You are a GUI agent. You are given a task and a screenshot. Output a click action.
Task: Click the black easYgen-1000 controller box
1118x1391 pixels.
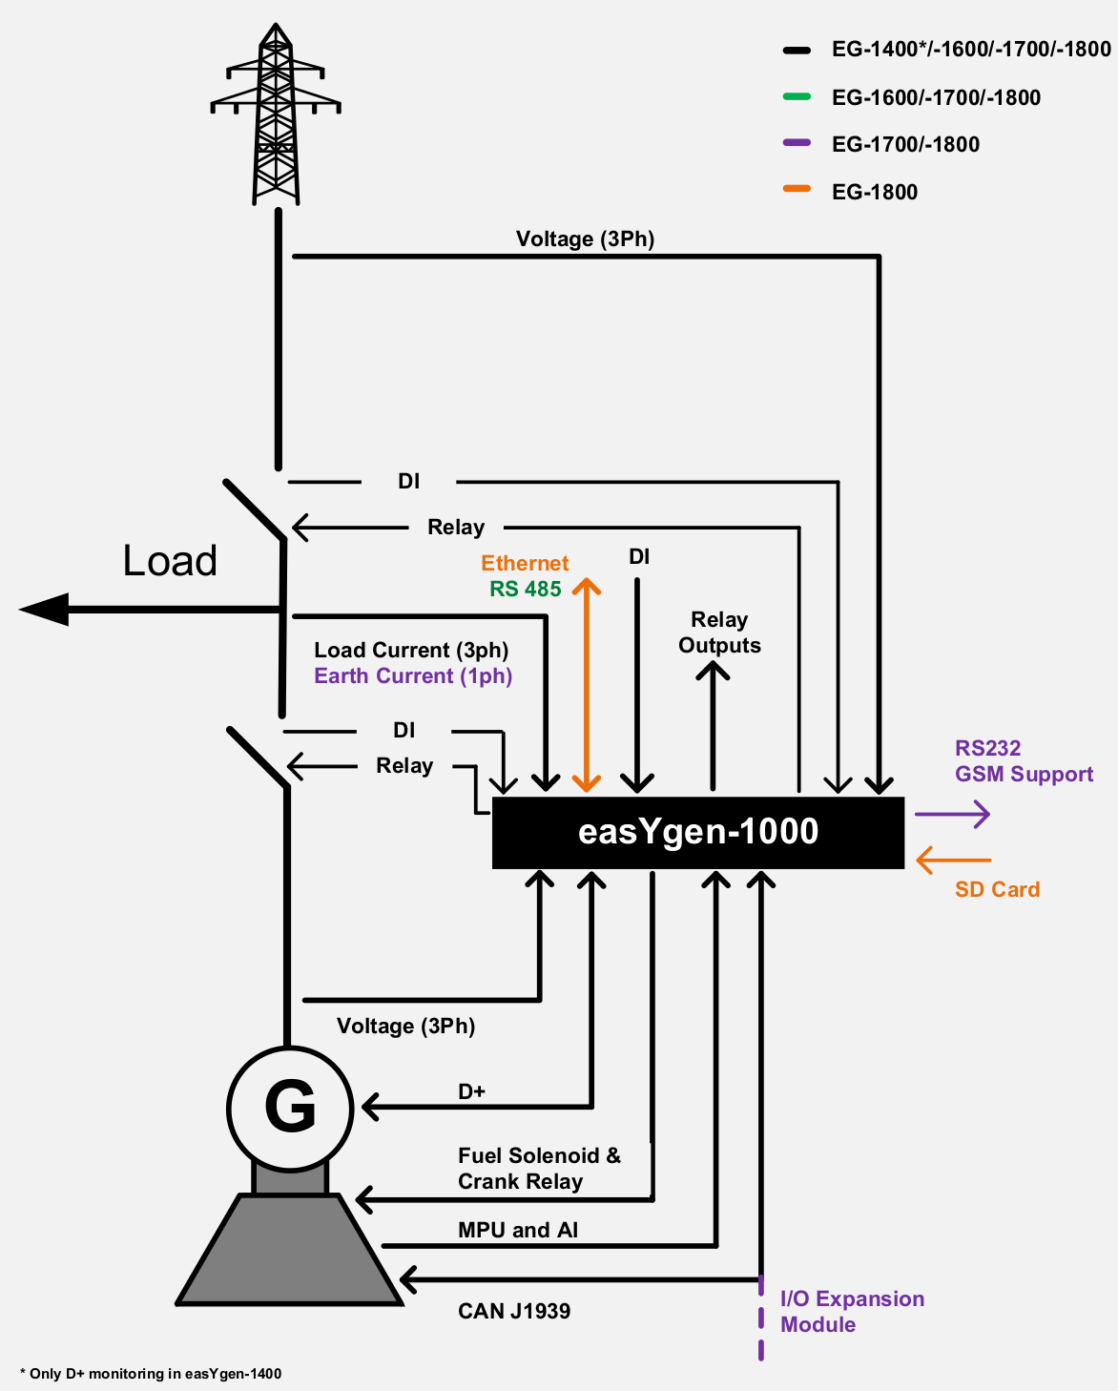click(697, 832)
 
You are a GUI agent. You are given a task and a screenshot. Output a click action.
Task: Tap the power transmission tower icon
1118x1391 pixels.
click(276, 114)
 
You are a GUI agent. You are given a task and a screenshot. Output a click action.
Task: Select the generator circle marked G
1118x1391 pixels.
click(290, 1108)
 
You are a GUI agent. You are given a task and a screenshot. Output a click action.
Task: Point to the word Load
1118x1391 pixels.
click(170, 561)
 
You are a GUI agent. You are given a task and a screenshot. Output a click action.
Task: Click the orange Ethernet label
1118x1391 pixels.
click(525, 563)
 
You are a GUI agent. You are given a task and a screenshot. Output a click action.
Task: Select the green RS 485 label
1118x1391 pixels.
click(526, 589)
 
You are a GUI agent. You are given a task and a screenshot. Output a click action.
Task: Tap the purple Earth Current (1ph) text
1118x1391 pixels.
click(413, 675)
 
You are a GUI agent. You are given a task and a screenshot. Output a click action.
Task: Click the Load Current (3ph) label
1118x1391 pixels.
click(411, 650)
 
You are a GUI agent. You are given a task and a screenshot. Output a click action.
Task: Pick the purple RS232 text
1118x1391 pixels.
click(987, 748)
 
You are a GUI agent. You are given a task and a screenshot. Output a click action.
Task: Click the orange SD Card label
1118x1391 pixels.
click(997, 889)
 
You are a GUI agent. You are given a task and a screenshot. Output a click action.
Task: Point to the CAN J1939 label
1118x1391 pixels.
click(514, 1311)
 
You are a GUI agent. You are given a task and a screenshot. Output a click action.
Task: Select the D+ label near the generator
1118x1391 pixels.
click(472, 1091)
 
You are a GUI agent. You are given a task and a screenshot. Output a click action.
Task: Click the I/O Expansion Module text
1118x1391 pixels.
click(852, 1311)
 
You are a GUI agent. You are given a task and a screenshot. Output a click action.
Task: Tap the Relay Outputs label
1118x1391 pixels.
click(719, 633)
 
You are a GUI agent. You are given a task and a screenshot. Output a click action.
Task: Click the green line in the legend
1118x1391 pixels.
click(797, 96)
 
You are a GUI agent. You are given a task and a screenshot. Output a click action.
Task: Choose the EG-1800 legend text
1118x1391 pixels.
click(874, 192)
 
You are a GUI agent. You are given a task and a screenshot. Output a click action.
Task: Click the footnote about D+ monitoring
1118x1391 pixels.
click(151, 1374)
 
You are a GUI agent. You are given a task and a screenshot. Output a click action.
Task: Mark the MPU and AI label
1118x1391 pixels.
click(518, 1230)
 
